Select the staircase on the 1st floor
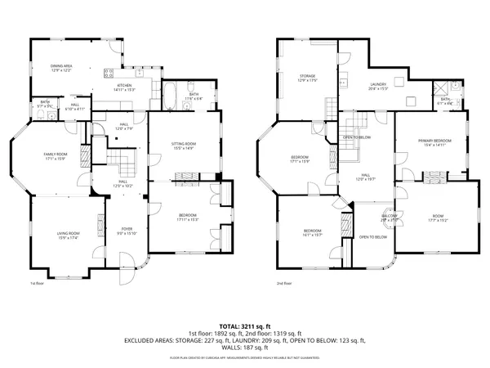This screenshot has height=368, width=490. point(120,158)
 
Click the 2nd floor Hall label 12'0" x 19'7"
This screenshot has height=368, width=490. point(367,177)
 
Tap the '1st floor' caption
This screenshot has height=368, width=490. point(37,284)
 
